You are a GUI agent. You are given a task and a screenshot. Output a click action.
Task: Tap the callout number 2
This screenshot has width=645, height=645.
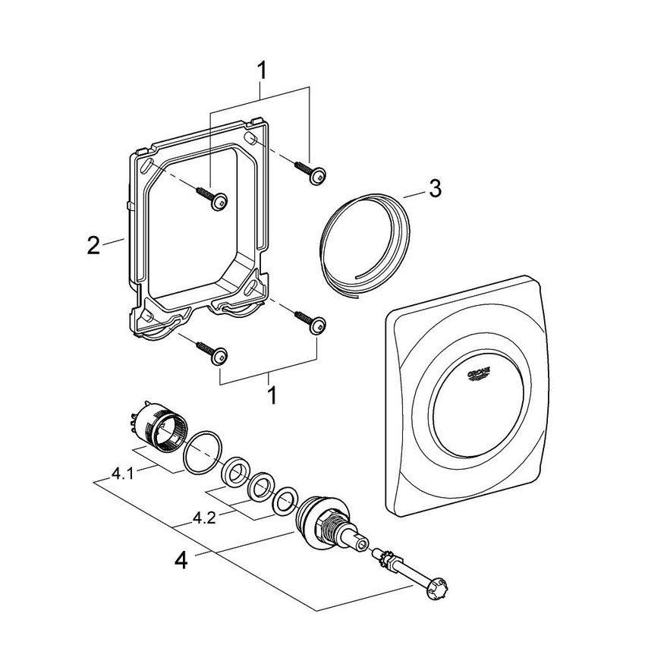93,246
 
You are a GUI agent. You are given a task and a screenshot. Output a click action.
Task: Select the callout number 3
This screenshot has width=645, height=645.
433,189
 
